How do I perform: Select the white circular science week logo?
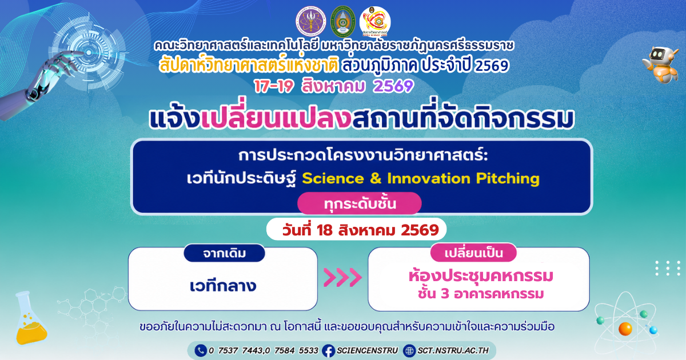[375, 22]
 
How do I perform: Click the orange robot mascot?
[661, 64]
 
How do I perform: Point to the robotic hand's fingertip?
[82, 54]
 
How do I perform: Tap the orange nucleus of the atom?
[625, 329]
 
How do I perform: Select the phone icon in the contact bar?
[201, 350]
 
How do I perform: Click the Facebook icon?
[328, 351]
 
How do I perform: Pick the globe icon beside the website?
[409, 351]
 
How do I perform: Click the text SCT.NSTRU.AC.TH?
[453, 350]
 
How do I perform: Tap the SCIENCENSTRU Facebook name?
[367, 350]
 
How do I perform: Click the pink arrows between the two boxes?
[342, 277]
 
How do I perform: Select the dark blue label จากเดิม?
[224, 253]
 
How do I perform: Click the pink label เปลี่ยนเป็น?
[473, 253]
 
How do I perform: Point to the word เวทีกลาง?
[222, 286]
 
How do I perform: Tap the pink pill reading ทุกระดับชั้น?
[360, 203]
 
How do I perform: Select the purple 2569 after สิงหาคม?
[393, 86]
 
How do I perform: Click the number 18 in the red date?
[325, 230]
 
